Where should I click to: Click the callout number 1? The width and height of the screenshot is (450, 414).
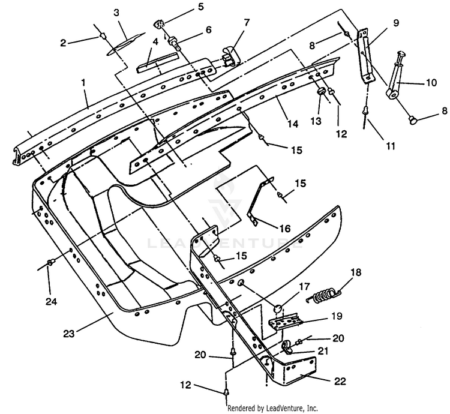pyautogui.click(x=83, y=83)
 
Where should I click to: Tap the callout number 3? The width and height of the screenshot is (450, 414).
pyautogui.click(x=116, y=13)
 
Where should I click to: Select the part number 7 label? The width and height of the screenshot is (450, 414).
pyautogui.click(x=247, y=22)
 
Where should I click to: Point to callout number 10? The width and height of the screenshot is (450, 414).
pyautogui.click(x=431, y=83)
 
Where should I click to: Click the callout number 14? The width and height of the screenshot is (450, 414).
pyautogui.click(x=293, y=124)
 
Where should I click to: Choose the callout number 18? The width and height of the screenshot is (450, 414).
pyautogui.click(x=356, y=272)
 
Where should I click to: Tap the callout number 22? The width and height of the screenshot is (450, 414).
pyautogui.click(x=340, y=381)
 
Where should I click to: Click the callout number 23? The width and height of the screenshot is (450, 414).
pyautogui.click(x=69, y=334)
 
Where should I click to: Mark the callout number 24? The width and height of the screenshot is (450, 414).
pyautogui.click(x=51, y=302)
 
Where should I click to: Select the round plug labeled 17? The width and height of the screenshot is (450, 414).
pyautogui.click(x=278, y=309)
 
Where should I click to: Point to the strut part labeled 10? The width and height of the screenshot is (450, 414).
pyautogui.click(x=395, y=75)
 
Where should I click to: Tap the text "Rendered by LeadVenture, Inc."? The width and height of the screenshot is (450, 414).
pyautogui.click(x=272, y=407)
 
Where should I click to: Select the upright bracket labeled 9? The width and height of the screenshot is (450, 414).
pyautogui.click(x=364, y=56)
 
